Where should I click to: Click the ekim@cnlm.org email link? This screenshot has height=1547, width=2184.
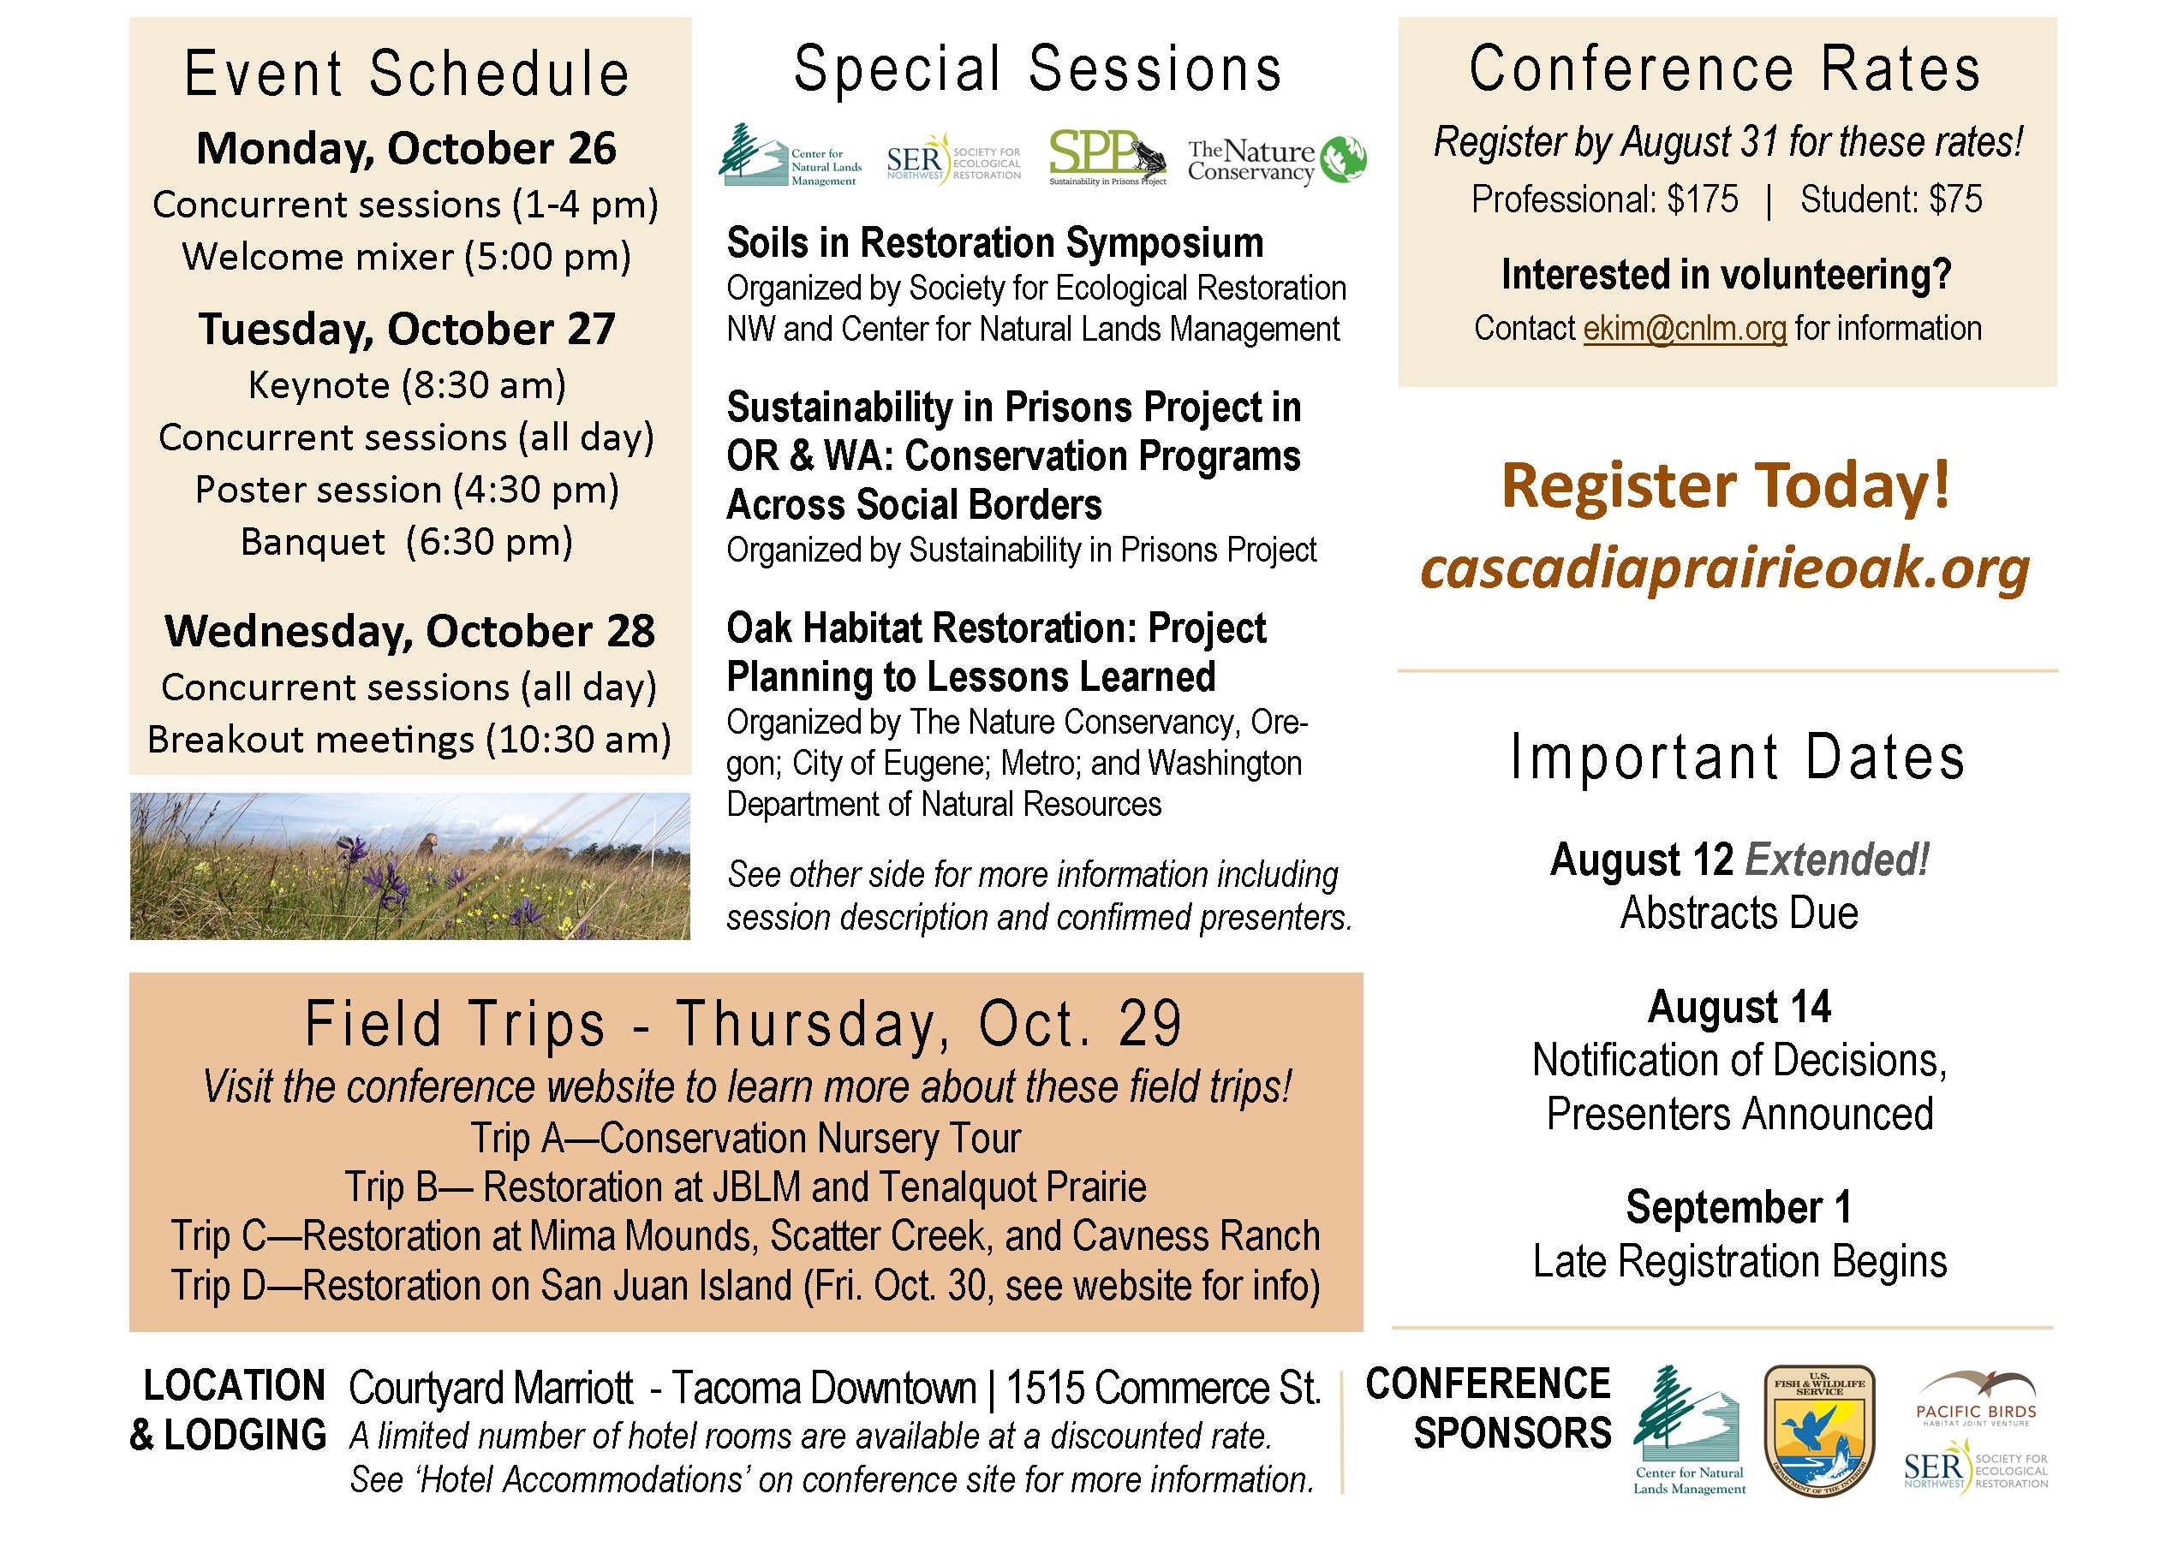(1685, 329)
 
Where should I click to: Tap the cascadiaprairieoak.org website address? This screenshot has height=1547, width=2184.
(1726, 568)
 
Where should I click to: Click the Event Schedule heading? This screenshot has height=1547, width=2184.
(407, 74)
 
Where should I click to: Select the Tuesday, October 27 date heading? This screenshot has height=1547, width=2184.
(407, 330)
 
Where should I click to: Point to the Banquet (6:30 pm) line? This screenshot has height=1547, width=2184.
(407, 541)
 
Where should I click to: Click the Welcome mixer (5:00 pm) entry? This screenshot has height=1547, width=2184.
(407, 256)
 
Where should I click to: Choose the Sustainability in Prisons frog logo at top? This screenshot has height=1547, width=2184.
(1108, 158)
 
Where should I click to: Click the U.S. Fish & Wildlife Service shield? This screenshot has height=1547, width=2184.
(1819, 1430)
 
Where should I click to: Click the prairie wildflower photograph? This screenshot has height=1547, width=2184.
(409, 866)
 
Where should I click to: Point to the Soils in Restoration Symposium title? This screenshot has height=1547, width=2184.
(995, 244)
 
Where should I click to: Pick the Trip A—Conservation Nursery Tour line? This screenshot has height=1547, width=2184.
(745, 1139)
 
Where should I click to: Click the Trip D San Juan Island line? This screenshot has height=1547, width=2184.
(745, 1285)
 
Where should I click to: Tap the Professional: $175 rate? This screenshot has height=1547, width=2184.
(1605, 200)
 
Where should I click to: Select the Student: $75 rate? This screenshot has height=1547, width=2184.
(1891, 200)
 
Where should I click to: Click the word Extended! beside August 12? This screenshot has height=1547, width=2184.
(1836, 860)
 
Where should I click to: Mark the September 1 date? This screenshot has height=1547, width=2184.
(1739, 1207)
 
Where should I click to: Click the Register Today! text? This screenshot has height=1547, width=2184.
(1726, 485)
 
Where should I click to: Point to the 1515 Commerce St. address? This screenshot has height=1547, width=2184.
(1163, 1389)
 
